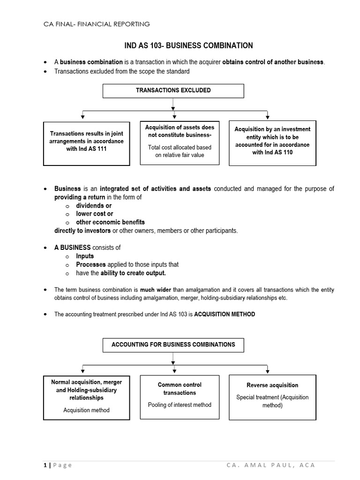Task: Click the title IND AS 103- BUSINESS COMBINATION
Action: tap(187, 45)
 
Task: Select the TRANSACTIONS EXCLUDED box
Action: tap(173, 90)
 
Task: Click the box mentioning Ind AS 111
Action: tap(87, 144)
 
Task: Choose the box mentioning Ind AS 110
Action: tap(272, 143)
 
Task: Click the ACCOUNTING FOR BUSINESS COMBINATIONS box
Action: tap(173, 345)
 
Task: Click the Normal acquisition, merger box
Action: tap(87, 397)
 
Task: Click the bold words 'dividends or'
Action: tap(94, 206)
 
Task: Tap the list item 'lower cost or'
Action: tap(95, 214)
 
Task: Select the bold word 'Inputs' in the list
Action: tap(85, 256)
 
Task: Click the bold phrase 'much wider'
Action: tap(154, 290)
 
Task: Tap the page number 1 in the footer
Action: tap(45, 465)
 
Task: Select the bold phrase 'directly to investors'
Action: tap(82, 231)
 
